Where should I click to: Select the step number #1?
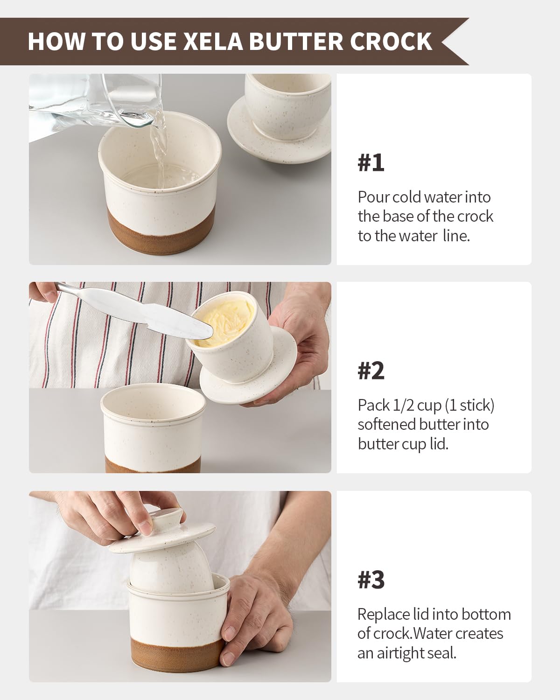[371, 163]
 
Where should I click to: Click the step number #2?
[371, 371]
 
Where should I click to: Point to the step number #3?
[371, 580]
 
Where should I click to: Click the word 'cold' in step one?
[407, 197]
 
